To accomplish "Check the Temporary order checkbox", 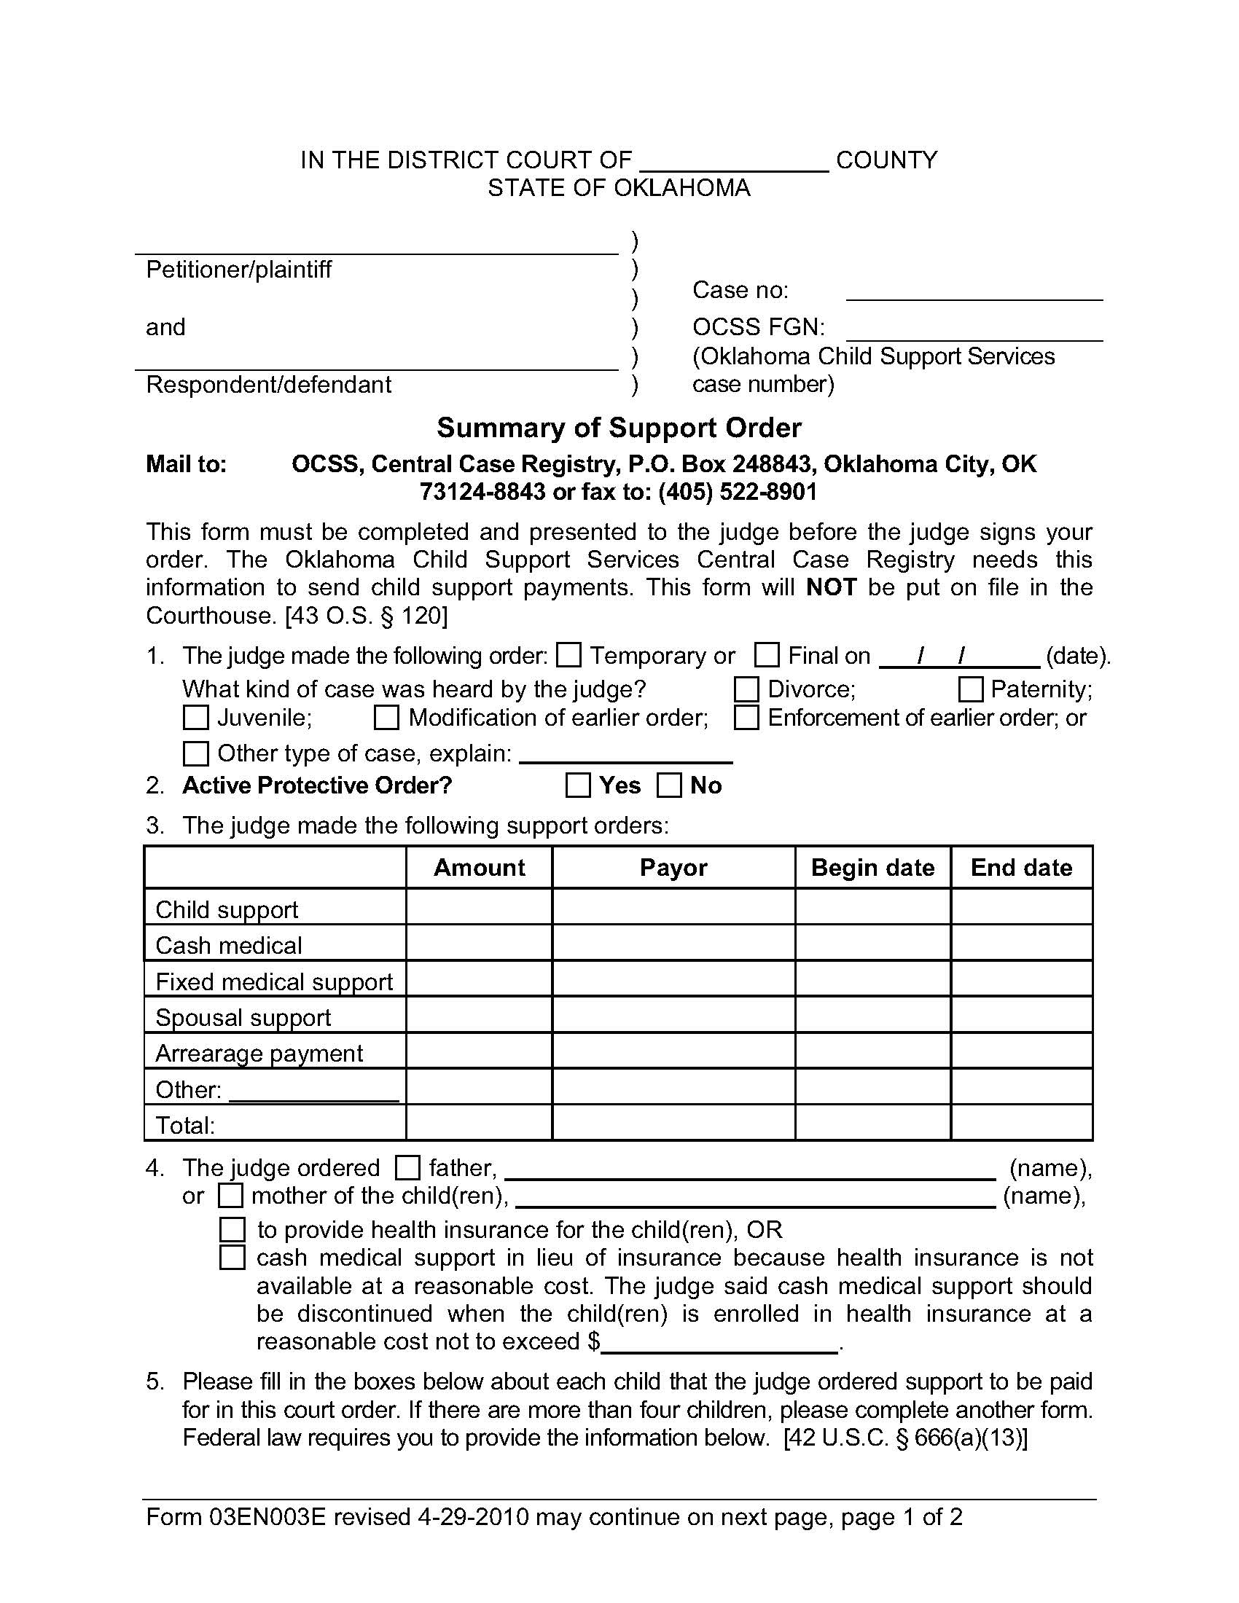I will (x=568, y=655).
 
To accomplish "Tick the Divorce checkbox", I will (x=746, y=689).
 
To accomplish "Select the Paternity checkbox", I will (x=970, y=689).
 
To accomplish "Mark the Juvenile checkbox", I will (x=195, y=717).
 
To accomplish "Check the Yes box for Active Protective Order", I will (x=579, y=785).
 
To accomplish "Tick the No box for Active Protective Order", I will (x=668, y=785).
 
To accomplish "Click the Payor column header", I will (x=673, y=868).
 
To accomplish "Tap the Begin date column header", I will (x=872, y=868).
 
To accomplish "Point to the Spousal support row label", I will (x=243, y=1018).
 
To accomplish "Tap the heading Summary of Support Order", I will (x=619, y=428).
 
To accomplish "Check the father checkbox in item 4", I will (x=407, y=1168).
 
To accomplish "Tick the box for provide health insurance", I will (x=232, y=1229).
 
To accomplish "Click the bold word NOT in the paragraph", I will (x=831, y=587).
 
